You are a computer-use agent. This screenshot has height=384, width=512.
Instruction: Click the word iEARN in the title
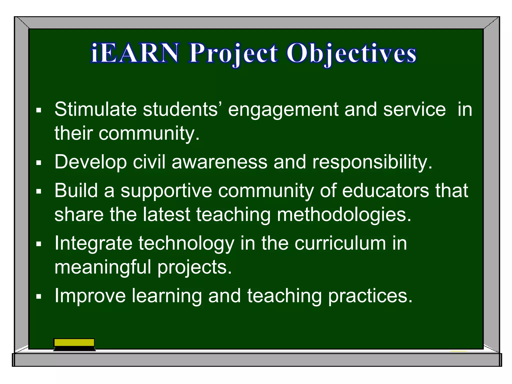pyautogui.click(x=135, y=53)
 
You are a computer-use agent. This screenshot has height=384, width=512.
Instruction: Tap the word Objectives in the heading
pyautogui.click(x=351, y=53)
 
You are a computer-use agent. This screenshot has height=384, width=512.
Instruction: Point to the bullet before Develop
pyautogui.click(x=38, y=163)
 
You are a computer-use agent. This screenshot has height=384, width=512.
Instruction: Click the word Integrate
pyautogui.click(x=93, y=244)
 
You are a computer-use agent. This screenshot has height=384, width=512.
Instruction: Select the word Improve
pyautogui.click(x=90, y=296)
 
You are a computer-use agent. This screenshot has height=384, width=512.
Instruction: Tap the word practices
pyautogui.click(x=370, y=296)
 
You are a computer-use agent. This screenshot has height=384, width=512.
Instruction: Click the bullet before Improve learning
pyautogui.click(x=38, y=297)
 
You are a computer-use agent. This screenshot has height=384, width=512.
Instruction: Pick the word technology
pyautogui.click(x=186, y=244)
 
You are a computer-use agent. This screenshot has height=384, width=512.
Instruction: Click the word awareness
pyautogui.click(x=219, y=162)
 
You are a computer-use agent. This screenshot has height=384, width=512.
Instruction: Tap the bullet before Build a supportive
pyautogui.click(x=38, y=192)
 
